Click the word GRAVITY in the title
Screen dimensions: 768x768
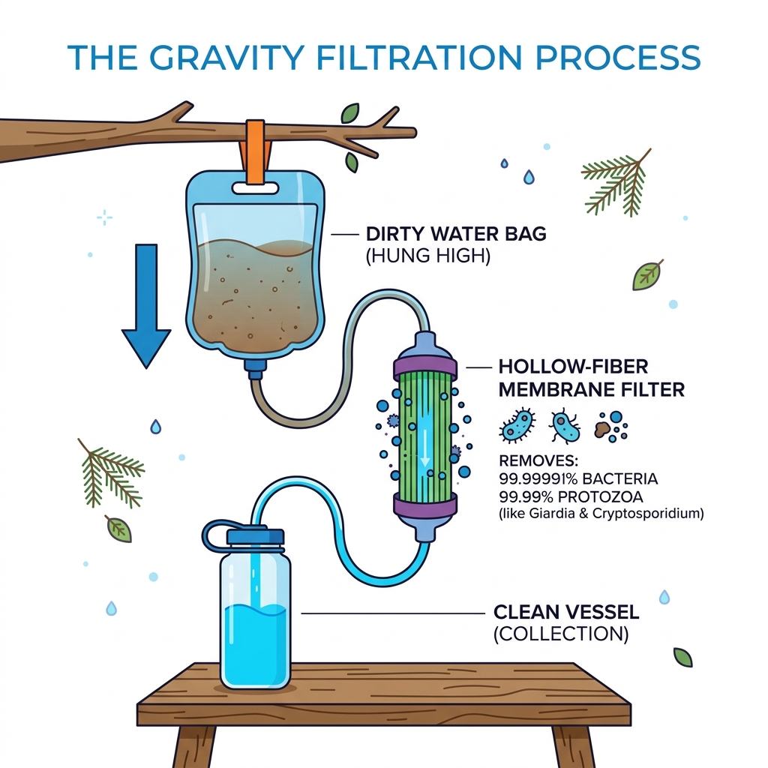click(x=238, y=58)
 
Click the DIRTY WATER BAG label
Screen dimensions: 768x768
click(x=455, y=234)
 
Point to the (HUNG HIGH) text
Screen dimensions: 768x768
click(x=427, y=257)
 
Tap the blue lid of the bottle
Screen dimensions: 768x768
click(x=254, y=535)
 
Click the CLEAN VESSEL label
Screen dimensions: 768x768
click(x=566, y=612)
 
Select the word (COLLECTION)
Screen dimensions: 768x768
click(x=560, y=634)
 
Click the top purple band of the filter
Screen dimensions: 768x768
click(x=425, y=367)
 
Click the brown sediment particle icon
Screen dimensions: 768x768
click(x=602, y=428)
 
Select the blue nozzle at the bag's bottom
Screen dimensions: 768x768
click(x=256, y=367)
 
